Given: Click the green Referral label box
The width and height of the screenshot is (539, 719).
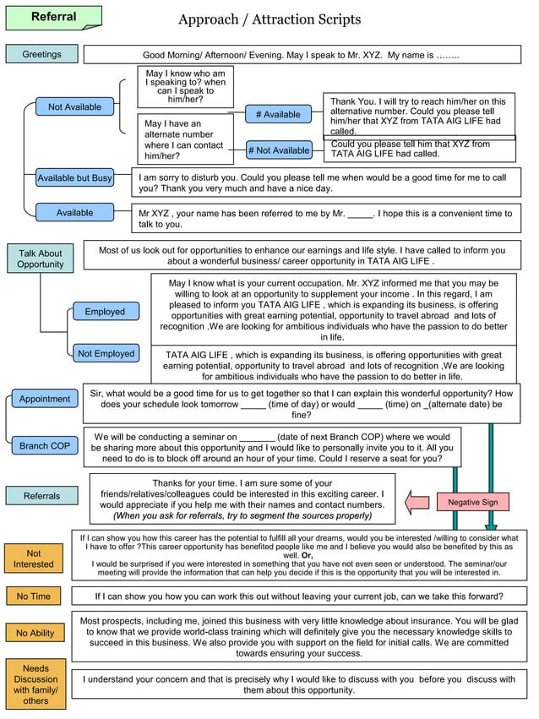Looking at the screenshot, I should [x=53, y=18].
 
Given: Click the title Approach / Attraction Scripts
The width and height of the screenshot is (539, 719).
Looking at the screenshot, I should [x=269, y=19].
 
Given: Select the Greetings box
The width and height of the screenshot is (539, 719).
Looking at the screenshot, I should [x=41, y=54].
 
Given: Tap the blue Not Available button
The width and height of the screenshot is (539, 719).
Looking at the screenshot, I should [x=74, y=107].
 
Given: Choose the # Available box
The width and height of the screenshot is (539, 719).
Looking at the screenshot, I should [x=278, y=114].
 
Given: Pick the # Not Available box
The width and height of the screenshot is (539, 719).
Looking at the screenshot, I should [x=278, y=150].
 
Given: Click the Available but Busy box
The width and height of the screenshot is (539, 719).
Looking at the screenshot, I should [x=74, y=178].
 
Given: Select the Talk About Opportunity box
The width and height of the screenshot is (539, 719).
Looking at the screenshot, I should [x=41, y=259].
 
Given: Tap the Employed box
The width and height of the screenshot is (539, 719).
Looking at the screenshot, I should [x=105, y=312].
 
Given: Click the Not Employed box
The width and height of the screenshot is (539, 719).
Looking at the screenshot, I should [x=106, y=354].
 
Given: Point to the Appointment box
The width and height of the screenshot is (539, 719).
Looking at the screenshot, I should [x=45, y=399].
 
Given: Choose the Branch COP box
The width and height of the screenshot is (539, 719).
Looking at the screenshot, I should [x=45, y=445].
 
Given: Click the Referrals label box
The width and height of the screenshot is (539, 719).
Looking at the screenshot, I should [x=41, y=496].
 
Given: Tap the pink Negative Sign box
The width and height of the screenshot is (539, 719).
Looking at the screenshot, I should [x=472, y=502].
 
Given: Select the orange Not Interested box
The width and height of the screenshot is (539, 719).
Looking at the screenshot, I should [x=34, y=559].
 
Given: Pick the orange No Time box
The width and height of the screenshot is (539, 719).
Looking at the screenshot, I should [x=34, y=596].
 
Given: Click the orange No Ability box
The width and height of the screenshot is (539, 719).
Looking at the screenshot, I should [x=35, y=633].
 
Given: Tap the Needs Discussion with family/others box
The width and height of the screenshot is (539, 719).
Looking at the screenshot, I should [x=35, y=684].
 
